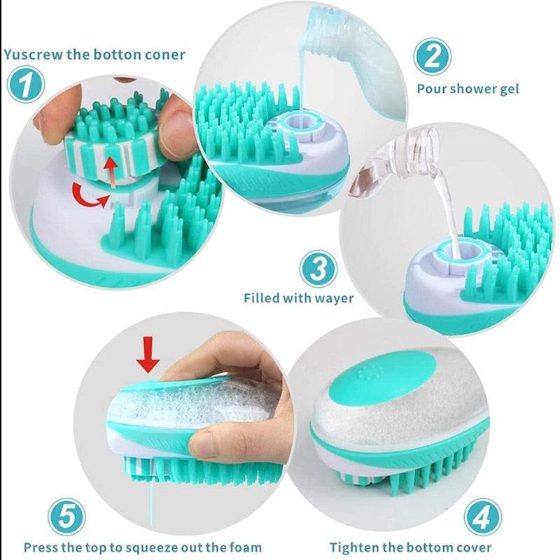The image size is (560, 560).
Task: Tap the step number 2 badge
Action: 432,56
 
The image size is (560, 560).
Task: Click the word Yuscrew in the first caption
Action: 34,54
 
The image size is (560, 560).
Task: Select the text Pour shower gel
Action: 468,89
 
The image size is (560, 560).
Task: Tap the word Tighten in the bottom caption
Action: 356,547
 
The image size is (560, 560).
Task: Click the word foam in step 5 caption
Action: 246,547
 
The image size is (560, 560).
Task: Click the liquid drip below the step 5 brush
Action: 151,504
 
